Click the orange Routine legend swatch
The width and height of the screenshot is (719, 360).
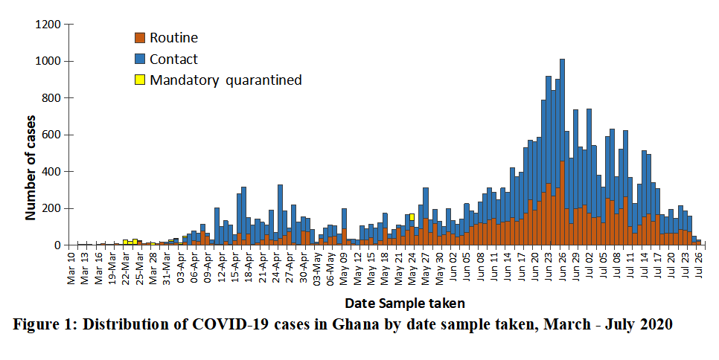pyautogui.click(x=139, y=38)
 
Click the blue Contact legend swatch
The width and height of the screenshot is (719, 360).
pyautogui.click(x=139, y=59)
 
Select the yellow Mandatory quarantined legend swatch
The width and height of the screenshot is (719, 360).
pyautogui.click(x=139, y=80)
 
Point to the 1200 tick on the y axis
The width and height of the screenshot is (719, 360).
pyautogui.click(x=47, y=25)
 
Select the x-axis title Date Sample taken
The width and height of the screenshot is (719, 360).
pyautogui.click(x=405, y=303)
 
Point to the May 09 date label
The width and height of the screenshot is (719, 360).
pyautogui.click(x=344, y=266)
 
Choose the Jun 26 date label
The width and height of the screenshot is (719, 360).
pyautogui.click(x=563, y=266)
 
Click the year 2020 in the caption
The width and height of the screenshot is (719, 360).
pyautogui.click(x=656, y=325)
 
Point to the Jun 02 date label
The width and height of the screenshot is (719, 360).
pyautogui.click(x=453, y=266)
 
